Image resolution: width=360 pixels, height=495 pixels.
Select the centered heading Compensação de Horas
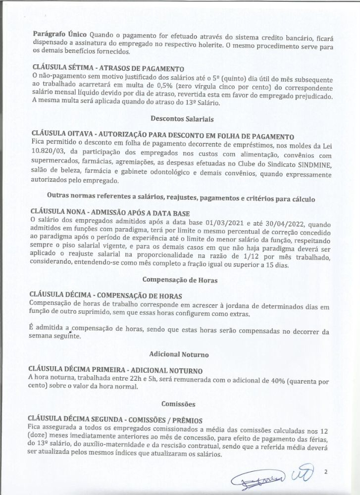click(x=180, y=280)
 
